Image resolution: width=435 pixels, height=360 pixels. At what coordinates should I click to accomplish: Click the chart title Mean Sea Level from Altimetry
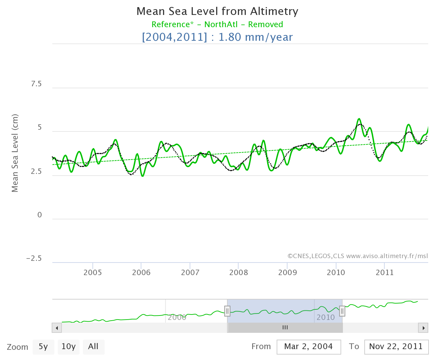tap(217, 12)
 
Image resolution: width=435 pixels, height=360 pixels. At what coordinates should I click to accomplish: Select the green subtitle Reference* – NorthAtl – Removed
tap(217, 24)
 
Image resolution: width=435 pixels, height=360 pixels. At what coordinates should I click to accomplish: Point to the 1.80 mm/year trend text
tap(255, 37)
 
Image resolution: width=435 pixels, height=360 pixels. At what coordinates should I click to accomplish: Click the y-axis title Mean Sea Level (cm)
tap(15, 153)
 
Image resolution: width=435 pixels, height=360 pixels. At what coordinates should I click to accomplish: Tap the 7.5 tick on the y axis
tap(36, 84)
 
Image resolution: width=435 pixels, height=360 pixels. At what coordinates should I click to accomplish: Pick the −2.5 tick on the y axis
tap(34, 258)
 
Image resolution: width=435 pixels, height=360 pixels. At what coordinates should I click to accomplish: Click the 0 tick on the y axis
tap(40, 215)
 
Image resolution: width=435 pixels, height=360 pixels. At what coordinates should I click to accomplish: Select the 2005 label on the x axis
tap(93, 272)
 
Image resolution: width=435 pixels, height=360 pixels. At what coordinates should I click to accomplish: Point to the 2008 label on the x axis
tap(239, 272)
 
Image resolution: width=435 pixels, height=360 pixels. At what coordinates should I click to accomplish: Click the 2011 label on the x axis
tap(385, 272)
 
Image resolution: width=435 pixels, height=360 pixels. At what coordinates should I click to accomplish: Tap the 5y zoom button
tap(43, 347)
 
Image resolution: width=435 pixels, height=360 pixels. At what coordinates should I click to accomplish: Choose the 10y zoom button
tap(68, 347)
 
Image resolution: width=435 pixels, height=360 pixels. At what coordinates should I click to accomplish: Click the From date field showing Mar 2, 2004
tap(309, 347)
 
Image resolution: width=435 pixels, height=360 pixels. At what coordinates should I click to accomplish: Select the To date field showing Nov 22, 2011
tap(396, 347)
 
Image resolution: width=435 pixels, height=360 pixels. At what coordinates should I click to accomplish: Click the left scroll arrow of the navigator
tap(57, 328)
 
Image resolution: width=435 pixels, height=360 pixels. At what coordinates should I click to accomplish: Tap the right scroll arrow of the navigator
tap(423, 328)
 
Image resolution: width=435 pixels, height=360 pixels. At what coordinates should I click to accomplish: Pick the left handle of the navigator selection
tap(227, 311)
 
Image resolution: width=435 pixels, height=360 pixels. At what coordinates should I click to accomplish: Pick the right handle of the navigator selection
tap(342, 311)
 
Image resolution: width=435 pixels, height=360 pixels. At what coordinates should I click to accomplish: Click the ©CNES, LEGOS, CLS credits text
tap(358, 256)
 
